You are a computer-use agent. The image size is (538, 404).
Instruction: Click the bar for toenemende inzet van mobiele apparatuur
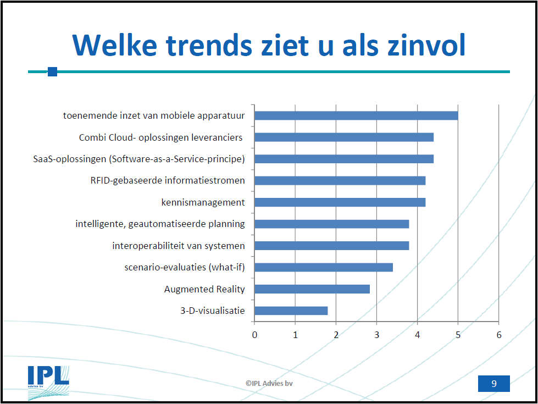[356, 115]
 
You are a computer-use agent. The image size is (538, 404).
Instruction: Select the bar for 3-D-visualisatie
[291, 311]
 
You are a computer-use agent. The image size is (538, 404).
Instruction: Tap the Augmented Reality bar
[312, 289]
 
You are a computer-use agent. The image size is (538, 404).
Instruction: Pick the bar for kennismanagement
[340, 202]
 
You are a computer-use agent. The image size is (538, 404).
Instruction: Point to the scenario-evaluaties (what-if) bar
[324, 268]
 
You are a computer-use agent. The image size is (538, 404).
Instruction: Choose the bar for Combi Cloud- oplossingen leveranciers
[344, 137]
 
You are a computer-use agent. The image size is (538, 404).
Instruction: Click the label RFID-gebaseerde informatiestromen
[168, 180]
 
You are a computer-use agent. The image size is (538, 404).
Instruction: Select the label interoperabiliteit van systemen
[179, 246]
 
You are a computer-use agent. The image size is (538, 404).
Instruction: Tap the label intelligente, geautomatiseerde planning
[160, 224]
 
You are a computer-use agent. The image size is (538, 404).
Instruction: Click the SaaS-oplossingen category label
[139, 159]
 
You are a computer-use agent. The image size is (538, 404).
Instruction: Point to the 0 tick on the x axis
[254, 334]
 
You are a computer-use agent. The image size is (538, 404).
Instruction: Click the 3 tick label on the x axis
[376, 334]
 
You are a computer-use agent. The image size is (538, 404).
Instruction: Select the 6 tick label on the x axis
[498, 334]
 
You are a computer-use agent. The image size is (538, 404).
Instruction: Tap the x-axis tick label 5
[458, 334]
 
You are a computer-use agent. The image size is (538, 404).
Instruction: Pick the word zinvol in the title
[421, 45]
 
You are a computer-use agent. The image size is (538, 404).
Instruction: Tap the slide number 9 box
[493, 384]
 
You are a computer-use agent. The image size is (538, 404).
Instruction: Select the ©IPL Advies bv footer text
[269, 383]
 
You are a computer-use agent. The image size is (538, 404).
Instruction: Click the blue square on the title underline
[53, 71]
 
